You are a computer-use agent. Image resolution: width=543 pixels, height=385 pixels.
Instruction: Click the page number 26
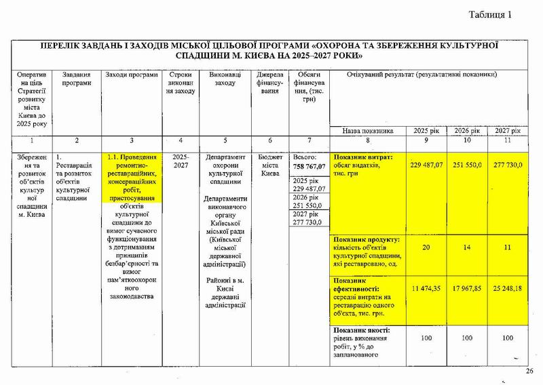click(530, 371)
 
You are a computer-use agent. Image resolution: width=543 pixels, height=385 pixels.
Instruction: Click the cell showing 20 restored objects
click(425, 247)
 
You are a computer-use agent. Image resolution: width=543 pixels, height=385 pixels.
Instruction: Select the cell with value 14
click(468, 247)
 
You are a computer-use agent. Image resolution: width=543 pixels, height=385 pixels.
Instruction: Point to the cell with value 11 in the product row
click(508, 247)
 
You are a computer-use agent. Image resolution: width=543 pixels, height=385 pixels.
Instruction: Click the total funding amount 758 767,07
click(309, 167)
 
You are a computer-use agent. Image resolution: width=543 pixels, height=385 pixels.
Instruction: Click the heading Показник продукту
click(366, 239)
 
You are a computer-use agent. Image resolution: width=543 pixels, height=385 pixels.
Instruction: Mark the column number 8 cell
click(367, 140)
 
